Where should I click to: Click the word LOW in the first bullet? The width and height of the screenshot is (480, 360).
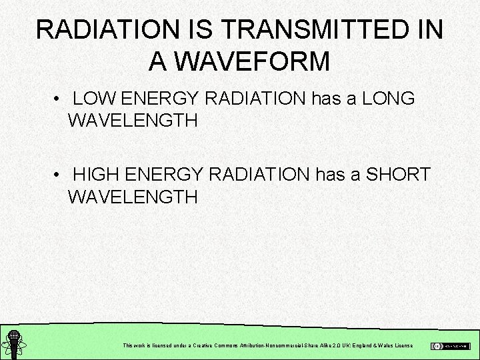point(95,99)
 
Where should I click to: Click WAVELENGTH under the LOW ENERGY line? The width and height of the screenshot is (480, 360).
point(133,121)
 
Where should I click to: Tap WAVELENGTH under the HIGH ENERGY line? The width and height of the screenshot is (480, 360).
point(133,197)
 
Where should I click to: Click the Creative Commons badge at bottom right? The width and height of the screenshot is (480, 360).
point(450,346)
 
